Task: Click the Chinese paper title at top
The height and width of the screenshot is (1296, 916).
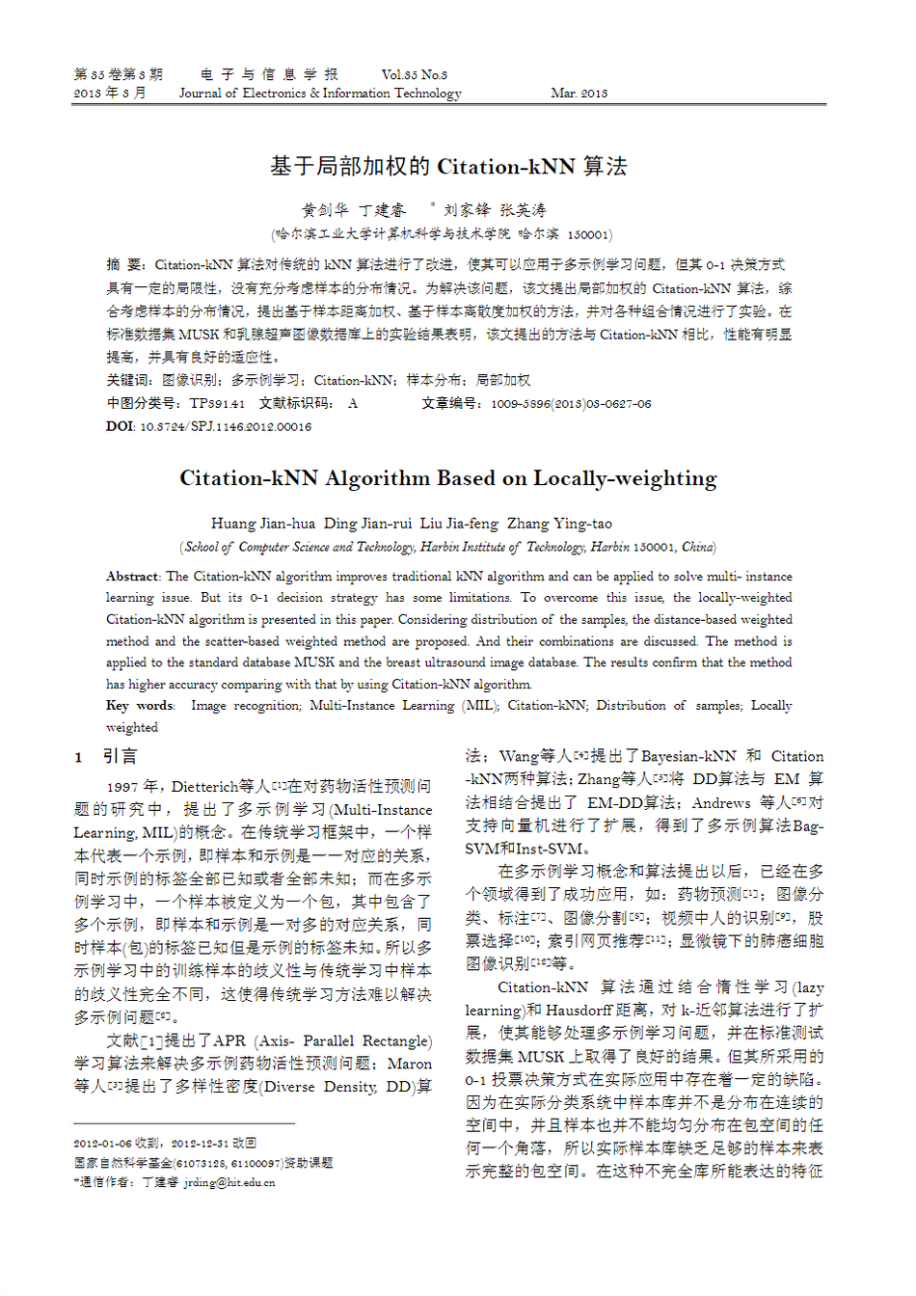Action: pos(448,167)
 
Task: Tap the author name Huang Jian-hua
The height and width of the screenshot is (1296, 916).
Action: pos(262,524)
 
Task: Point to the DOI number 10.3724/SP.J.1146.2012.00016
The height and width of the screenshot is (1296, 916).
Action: pos(226,427)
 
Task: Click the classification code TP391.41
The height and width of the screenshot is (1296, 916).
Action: pos(217,404)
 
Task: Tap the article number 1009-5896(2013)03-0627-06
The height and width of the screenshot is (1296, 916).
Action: pos(571,404)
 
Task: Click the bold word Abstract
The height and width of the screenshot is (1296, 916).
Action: pos(132,577)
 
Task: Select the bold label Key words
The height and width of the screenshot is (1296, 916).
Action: pos(140,706)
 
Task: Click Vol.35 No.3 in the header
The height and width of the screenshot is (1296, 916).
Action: pos(414,74)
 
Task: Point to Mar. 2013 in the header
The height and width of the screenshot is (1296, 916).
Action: pos(579,94)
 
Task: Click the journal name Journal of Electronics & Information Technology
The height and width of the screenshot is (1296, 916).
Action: pos(320,94)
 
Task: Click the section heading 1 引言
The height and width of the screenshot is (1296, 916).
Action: pos(107,757)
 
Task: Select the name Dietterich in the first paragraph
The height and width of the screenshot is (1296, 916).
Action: pos(205,787)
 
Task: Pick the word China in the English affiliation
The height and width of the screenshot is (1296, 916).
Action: pos(697,547)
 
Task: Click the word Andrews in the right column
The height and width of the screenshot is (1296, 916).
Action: pos(721,802)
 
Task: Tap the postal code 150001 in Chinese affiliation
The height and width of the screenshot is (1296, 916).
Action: pos(587,234)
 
